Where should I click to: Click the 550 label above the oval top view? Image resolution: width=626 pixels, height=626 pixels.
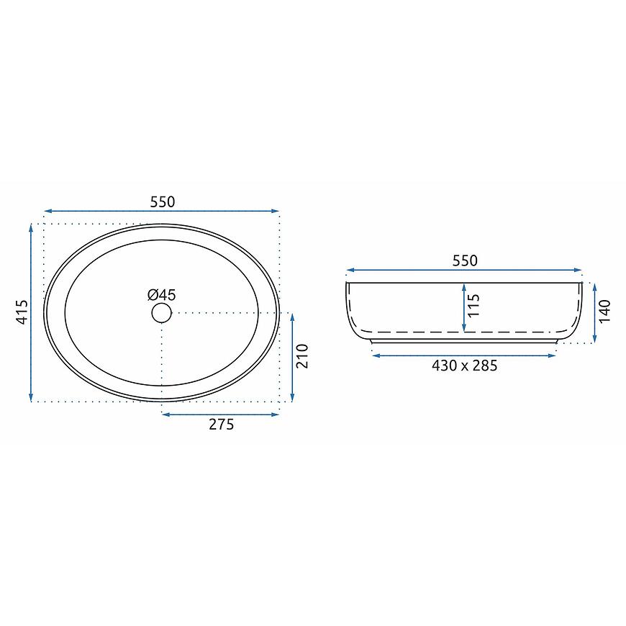click(163, 202)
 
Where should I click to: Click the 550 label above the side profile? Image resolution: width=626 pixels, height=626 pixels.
click(465, 260)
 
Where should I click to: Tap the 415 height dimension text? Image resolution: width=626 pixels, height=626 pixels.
click(22, 312)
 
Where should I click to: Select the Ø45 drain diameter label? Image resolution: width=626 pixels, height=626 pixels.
click(162, 295)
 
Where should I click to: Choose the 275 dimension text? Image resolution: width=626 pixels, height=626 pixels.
click(221, 425)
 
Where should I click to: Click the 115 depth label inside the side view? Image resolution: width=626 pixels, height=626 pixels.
click(473, 306)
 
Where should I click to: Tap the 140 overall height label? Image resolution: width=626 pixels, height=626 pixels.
click(605, 311)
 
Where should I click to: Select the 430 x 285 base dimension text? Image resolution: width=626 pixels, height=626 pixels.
click(465, 366)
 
